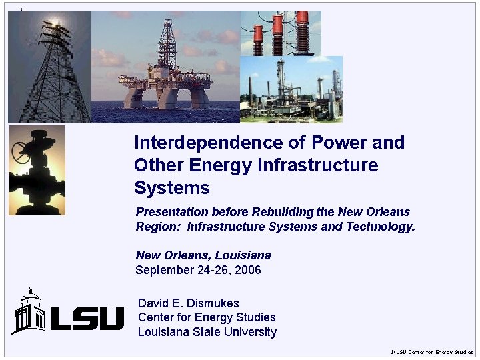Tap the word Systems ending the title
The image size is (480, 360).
click(x=171, y=188)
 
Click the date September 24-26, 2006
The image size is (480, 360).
click(x=198, y=270)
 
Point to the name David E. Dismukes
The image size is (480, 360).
click(x=188, y=303)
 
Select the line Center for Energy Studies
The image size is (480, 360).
click(x=207, y=317)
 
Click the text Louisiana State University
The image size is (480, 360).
click(x=207, y=332)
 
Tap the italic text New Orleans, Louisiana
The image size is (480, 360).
click(x=203, y=255)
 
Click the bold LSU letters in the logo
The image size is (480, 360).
click(x=87, y=319)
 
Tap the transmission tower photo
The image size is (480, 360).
click(x=49, y=67)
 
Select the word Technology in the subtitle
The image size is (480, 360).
click(x=379, y=227)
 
